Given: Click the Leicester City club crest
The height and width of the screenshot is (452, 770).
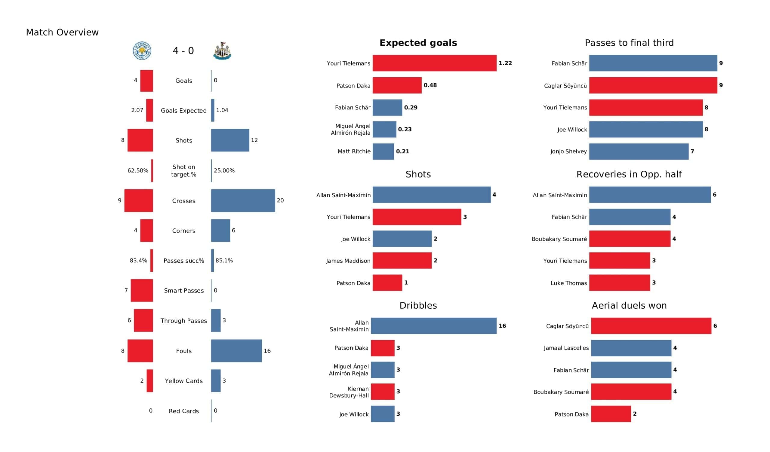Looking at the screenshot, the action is [x=142, y=51].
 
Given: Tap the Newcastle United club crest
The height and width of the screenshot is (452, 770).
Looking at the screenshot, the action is [x=222, y=51].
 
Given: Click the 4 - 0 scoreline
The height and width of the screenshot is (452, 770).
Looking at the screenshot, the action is [x=183, y=51].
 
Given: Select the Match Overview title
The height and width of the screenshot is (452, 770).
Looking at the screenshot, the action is [x=62, y=32].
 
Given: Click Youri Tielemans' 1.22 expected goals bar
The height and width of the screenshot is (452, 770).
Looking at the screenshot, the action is [x=435, y=63].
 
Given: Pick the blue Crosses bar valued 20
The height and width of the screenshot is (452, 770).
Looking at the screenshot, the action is [x=243, y=201].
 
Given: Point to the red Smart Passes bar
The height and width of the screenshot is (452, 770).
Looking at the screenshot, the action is [x=142, y=290].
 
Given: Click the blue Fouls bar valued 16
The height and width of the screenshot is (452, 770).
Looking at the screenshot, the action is [x=236, y=351].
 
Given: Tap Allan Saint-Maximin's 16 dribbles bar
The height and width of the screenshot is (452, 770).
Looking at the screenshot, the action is [x=434, y=326].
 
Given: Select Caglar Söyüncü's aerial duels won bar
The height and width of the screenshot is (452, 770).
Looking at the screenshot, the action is [x=651, y=326].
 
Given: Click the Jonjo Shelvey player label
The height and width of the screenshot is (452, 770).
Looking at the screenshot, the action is [x=568, y=151].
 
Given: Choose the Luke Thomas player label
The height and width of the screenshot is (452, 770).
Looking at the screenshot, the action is [x=569, y=283].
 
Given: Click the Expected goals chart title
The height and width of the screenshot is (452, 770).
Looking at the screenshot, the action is [x=418, y=43].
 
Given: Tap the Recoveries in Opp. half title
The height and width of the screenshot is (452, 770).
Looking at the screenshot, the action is [x=629, y=174].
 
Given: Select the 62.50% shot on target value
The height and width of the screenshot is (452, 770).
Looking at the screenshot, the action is [x=138, y=170].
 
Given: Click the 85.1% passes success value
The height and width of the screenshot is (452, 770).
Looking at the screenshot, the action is [x=224, y=261].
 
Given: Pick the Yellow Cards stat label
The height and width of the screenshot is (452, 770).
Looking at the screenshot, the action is [x=184, y=381].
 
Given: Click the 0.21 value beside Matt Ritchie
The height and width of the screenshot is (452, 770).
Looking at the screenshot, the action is [x=402, y=151].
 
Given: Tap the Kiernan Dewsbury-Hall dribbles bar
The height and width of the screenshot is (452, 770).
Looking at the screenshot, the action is [x=383, y=392].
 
